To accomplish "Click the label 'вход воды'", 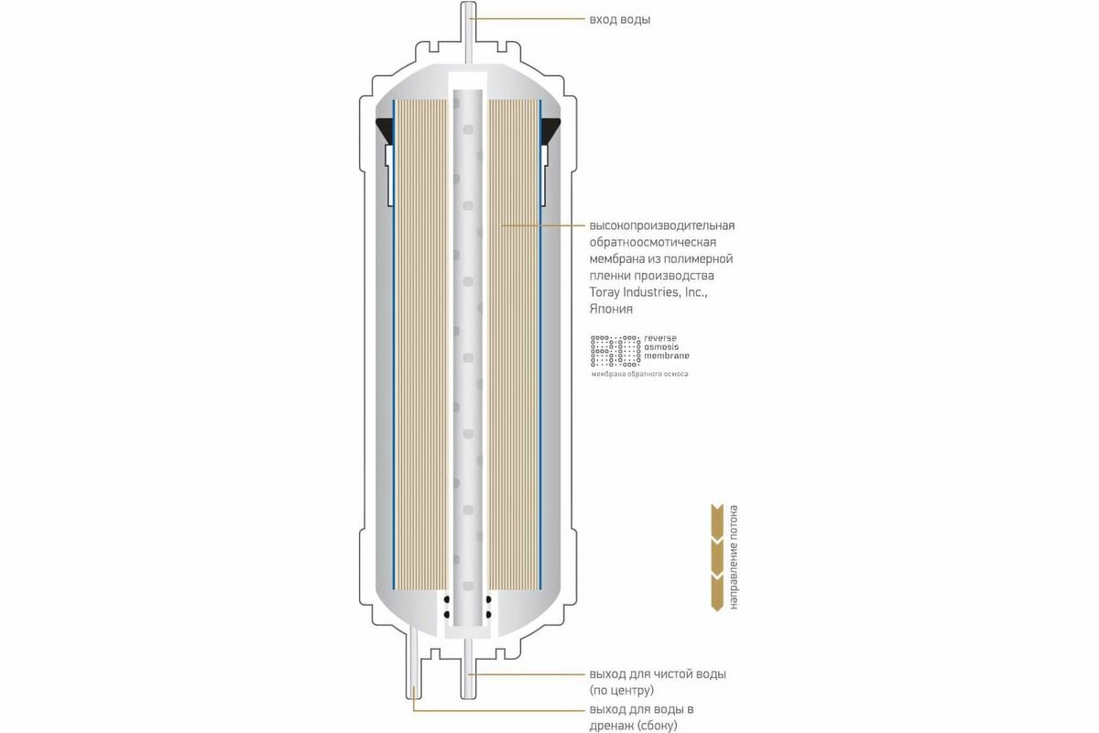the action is click(x=620, y=19).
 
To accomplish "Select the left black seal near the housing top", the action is click(x=385, y=134).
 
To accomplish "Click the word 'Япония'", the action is click(x=611, y=310).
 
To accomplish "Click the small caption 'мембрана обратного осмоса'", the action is click(x=639, y=374).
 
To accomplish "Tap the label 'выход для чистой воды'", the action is click(x=658, y=674).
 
